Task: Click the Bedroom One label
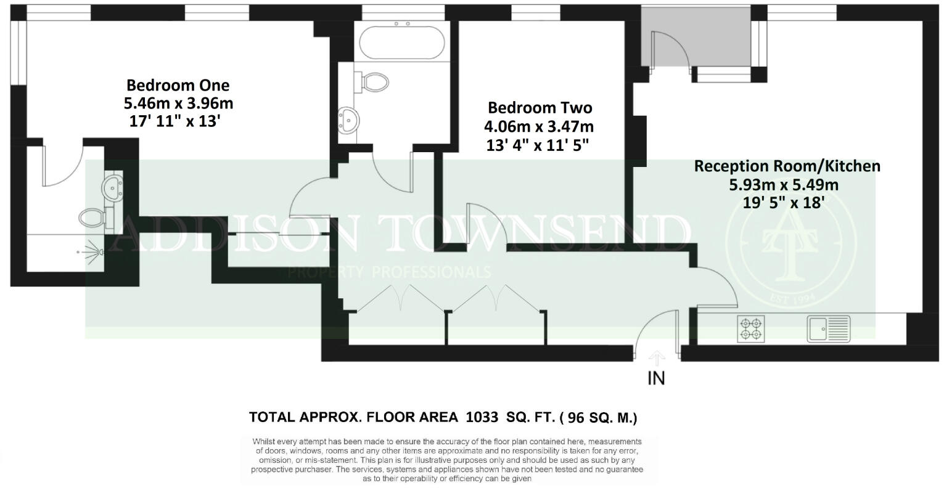pyautogui.click(x=178, y=85)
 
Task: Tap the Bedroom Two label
pyautogui.click(x=540, y=108)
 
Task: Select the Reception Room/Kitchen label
pyautogui.click(x=787, y=166)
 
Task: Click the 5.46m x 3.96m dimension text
pyautogui.click(x=179, y=103)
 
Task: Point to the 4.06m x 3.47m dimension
pyautogui.click(x=540, y=128)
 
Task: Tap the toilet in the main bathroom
pyautogui.click(x=372, y=81)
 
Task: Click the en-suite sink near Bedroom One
pyautogui.click(x=113, y=185)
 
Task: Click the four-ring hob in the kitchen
pyautogui.click(x=751, y=329)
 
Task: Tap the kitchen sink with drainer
pyautogui.click(x=829, y=328)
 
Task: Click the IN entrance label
pyautogui.click(x=656, y=378)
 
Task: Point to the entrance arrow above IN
pyautogui.click(x=657, y=358)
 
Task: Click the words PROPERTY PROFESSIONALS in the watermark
pyautogui.click(x=389, y=272)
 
